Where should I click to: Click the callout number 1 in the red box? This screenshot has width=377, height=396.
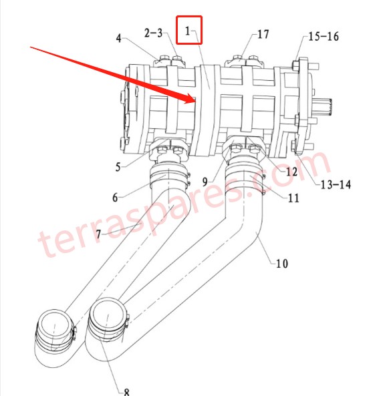click(x=188, y=31)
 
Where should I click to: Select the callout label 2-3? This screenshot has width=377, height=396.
click(x=152, y=33)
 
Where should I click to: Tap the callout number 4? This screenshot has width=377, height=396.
click(x=118, y=38)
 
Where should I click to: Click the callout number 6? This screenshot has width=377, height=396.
click(x=114, y=198)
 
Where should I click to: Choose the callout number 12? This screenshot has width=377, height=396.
click(x=291, y=172)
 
